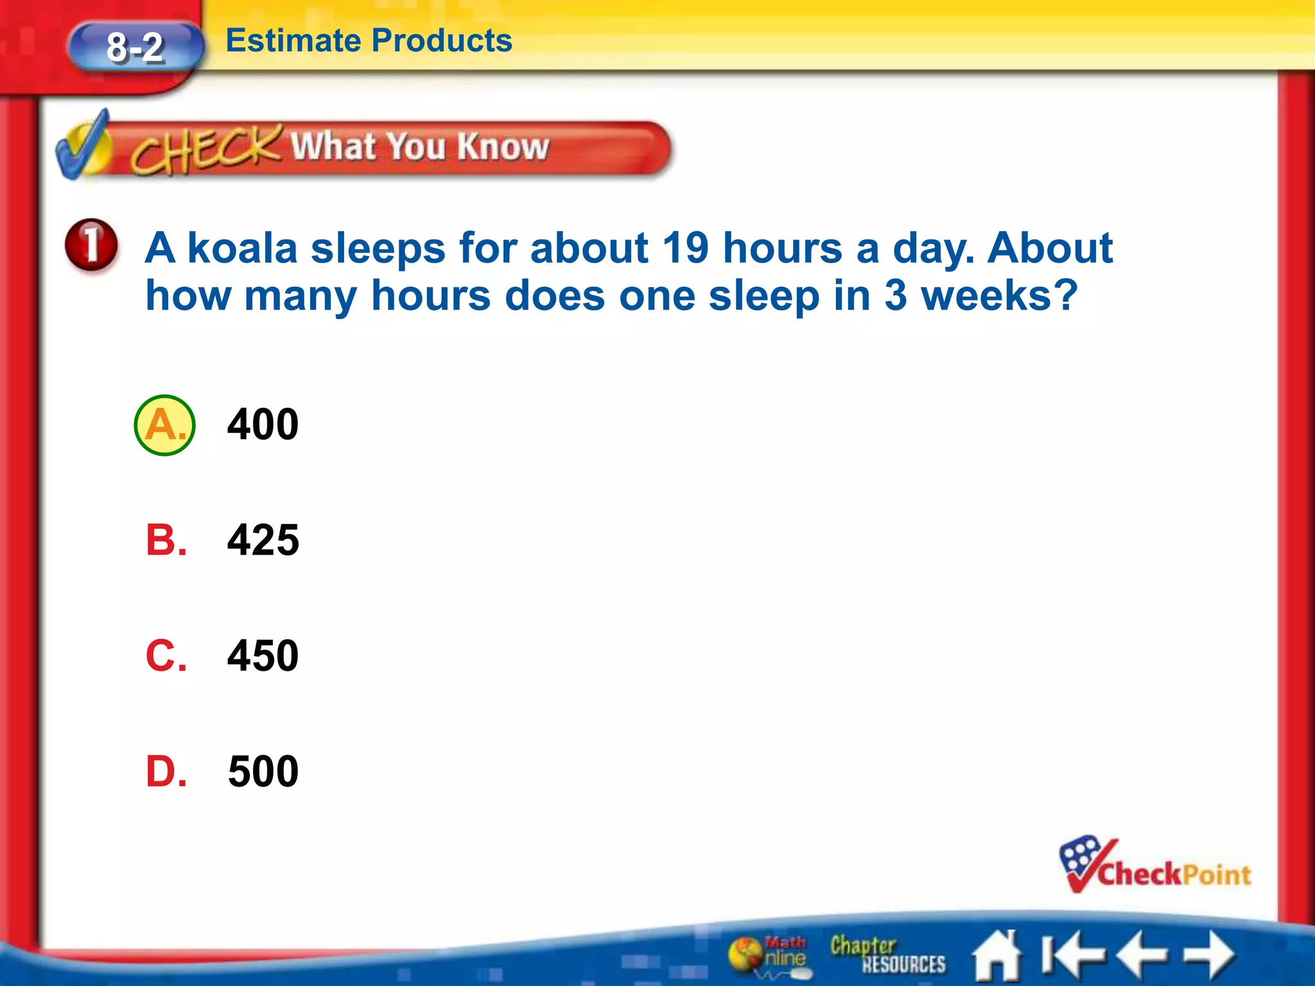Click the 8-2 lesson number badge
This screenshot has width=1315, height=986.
pyautogui.click(x=135, y=48)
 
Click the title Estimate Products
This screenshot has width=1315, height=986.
pyautogui.click(x=369, y=41)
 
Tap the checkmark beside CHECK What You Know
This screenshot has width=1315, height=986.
pyautogui.click(x=83, y=146)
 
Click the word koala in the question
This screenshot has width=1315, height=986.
pyautogui.click(x=242, y=248)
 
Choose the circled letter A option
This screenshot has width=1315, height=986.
pyautogui.click(x=164, y=425)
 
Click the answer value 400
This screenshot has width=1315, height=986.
pyautogui.click(x=263, y=425)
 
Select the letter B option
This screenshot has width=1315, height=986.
pyautogui.click(x=166, y=541)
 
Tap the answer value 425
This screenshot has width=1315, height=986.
pyautogui.click(x=263, y=541)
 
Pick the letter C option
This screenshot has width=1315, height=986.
pyautogui.click(x=166, y=656)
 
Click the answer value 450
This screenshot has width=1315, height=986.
pyautogui.click(x=263, y=656)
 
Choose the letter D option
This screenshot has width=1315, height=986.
pyautogui.click(x=166, y=772)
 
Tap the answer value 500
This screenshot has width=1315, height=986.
pyautogui.click(x=263, y=772)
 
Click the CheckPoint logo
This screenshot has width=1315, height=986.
pyautogui.click(x=1154, y=867)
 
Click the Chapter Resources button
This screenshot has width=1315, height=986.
pyautogui.click(x=887, y=955)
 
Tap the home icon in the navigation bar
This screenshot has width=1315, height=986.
pyautogui.click(x=997, y=956)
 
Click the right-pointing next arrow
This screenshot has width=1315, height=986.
pyautogui.click(x=1210, y=955)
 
